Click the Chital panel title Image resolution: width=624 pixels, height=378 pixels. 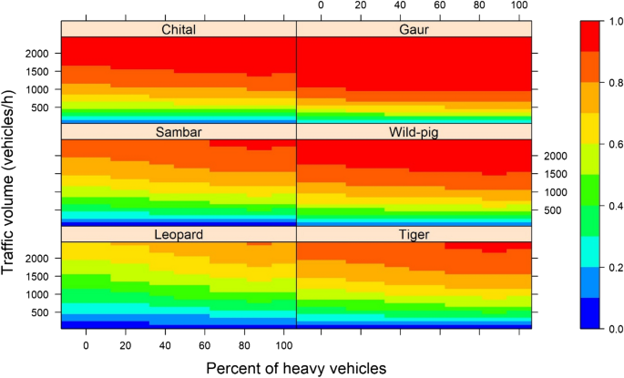coord(179,29)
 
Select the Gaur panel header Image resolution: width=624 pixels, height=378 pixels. coord(414,29)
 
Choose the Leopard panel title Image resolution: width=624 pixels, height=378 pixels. coord(179,235)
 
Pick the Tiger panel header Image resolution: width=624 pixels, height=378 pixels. coord(414,235)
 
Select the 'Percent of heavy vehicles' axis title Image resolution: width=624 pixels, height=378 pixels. coord(296,367)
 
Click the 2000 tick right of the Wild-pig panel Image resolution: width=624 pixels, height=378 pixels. coord(558,157)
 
